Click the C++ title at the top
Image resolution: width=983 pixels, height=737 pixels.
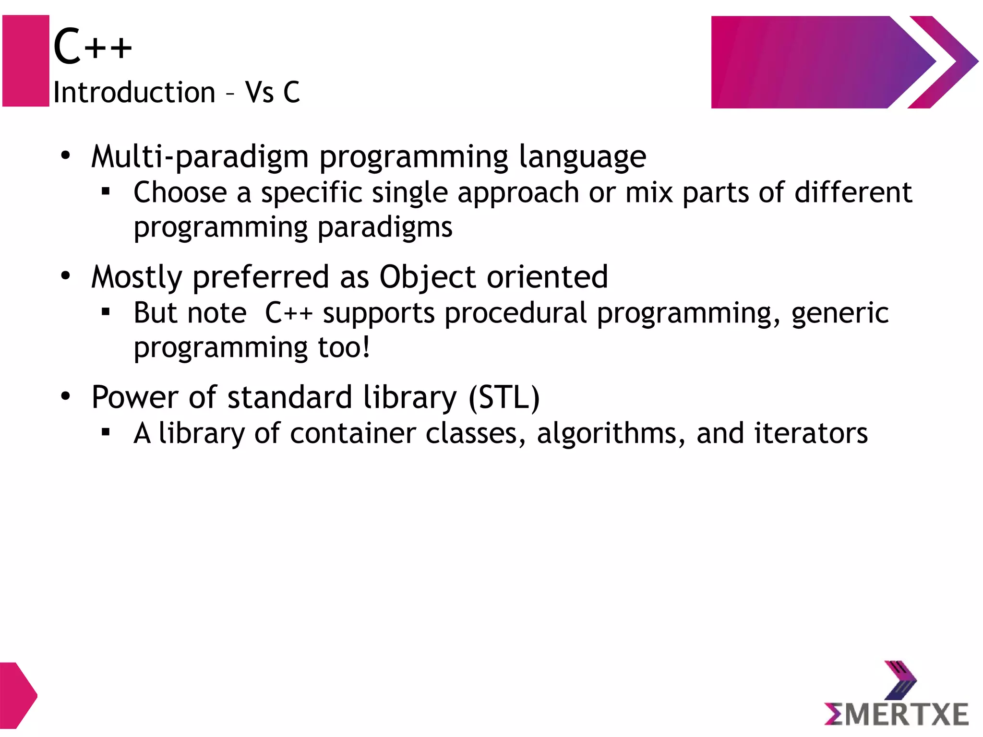coord(92,46)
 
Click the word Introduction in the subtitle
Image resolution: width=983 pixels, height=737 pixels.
coord(134,92)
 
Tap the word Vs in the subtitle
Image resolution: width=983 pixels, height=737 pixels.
coord(259,92)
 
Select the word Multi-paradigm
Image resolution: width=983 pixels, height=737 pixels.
coord(200,157)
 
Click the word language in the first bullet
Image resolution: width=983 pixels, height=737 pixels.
coord(582,157)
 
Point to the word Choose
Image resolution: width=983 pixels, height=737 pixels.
coord(180,192)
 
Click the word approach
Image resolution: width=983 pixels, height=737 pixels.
coord(518,193)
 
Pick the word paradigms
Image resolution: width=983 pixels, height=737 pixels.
coord(385,228)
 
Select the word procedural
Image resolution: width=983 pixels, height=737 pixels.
coord(515,313)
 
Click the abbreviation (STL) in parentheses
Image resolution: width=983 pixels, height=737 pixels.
coord(504,398)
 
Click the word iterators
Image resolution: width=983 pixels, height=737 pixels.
coord(811,433)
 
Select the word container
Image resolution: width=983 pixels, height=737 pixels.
coord(353,433)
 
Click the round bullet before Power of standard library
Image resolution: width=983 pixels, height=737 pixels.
coord(66,396)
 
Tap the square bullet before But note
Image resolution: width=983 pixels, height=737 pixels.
coord(106,313)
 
